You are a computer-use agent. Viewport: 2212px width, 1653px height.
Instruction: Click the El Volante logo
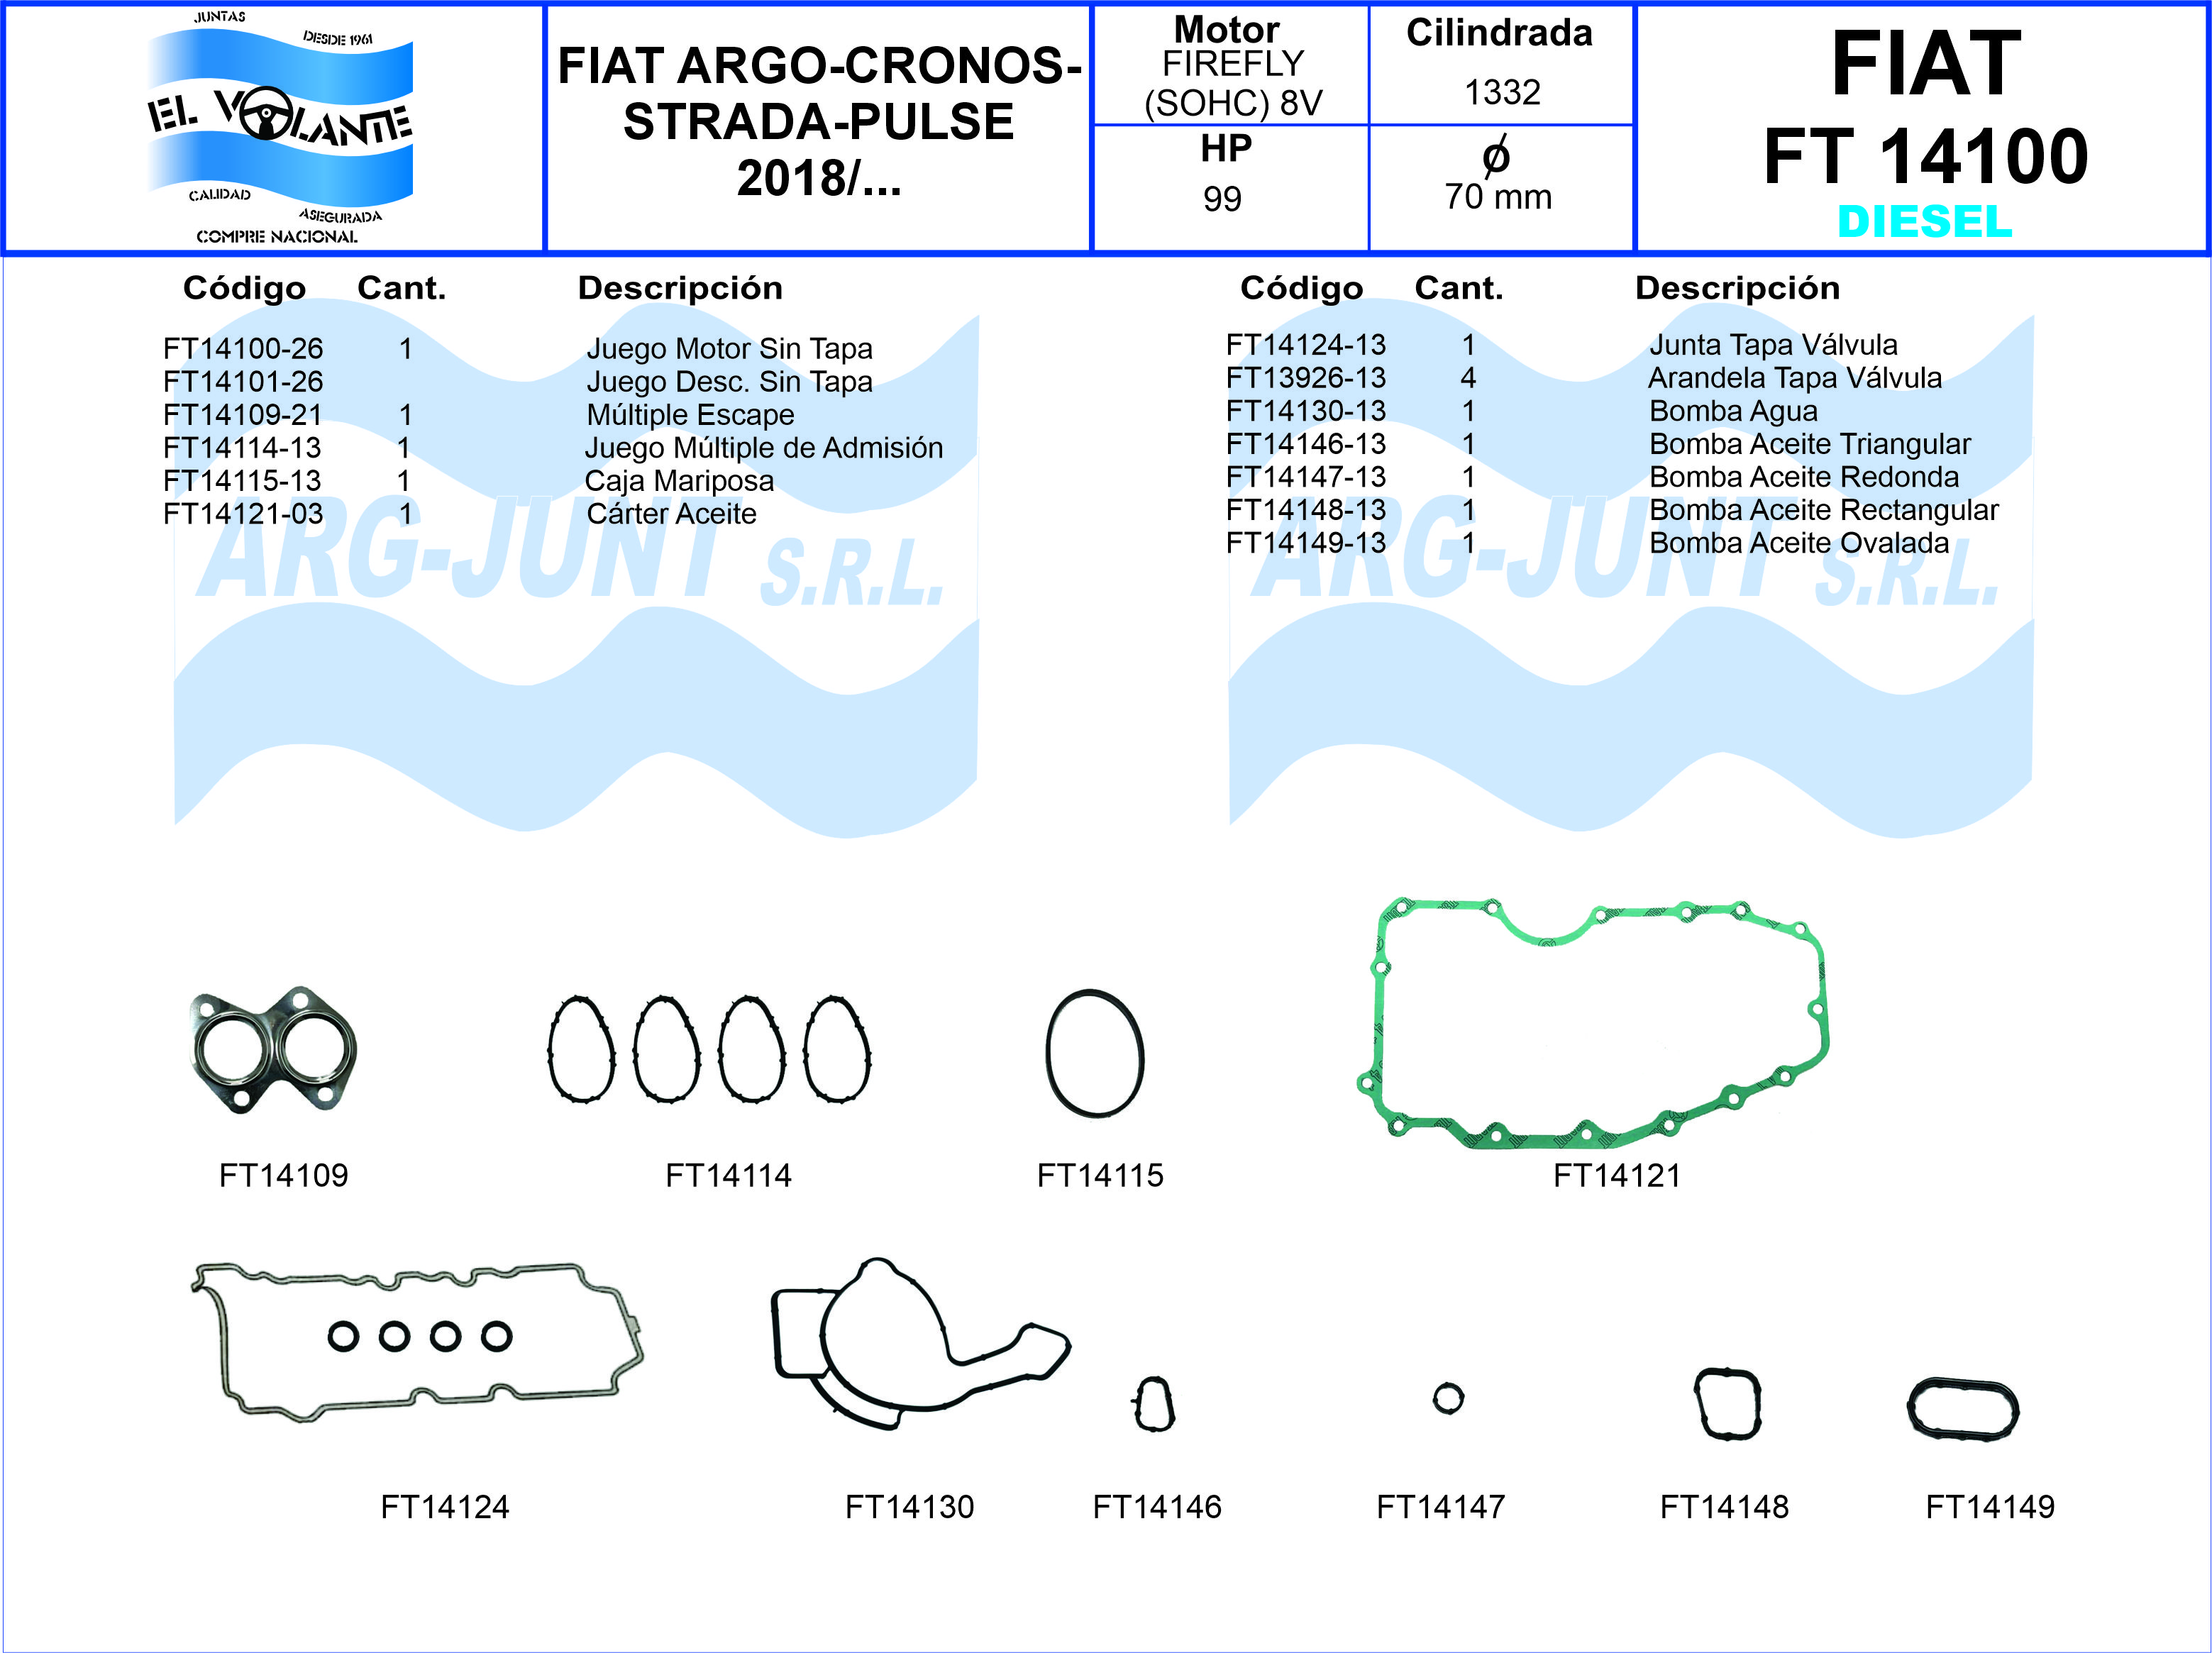point(280,127)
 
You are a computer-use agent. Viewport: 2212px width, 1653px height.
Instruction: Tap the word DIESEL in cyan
point(1924,221)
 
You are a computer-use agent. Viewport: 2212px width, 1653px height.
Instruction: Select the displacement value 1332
point(1502,92)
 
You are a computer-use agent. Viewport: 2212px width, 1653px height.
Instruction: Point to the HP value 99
point(1222,199)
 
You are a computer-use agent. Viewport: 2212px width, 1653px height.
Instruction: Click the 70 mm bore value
point(1498,197)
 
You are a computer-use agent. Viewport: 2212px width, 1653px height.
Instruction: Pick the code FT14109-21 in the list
point(243,414)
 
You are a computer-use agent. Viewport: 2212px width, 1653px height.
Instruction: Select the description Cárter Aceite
point(671,513)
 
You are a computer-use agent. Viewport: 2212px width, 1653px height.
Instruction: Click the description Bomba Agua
point(1733,411)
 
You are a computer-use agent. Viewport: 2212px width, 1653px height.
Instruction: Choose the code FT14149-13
point(1306,543)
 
